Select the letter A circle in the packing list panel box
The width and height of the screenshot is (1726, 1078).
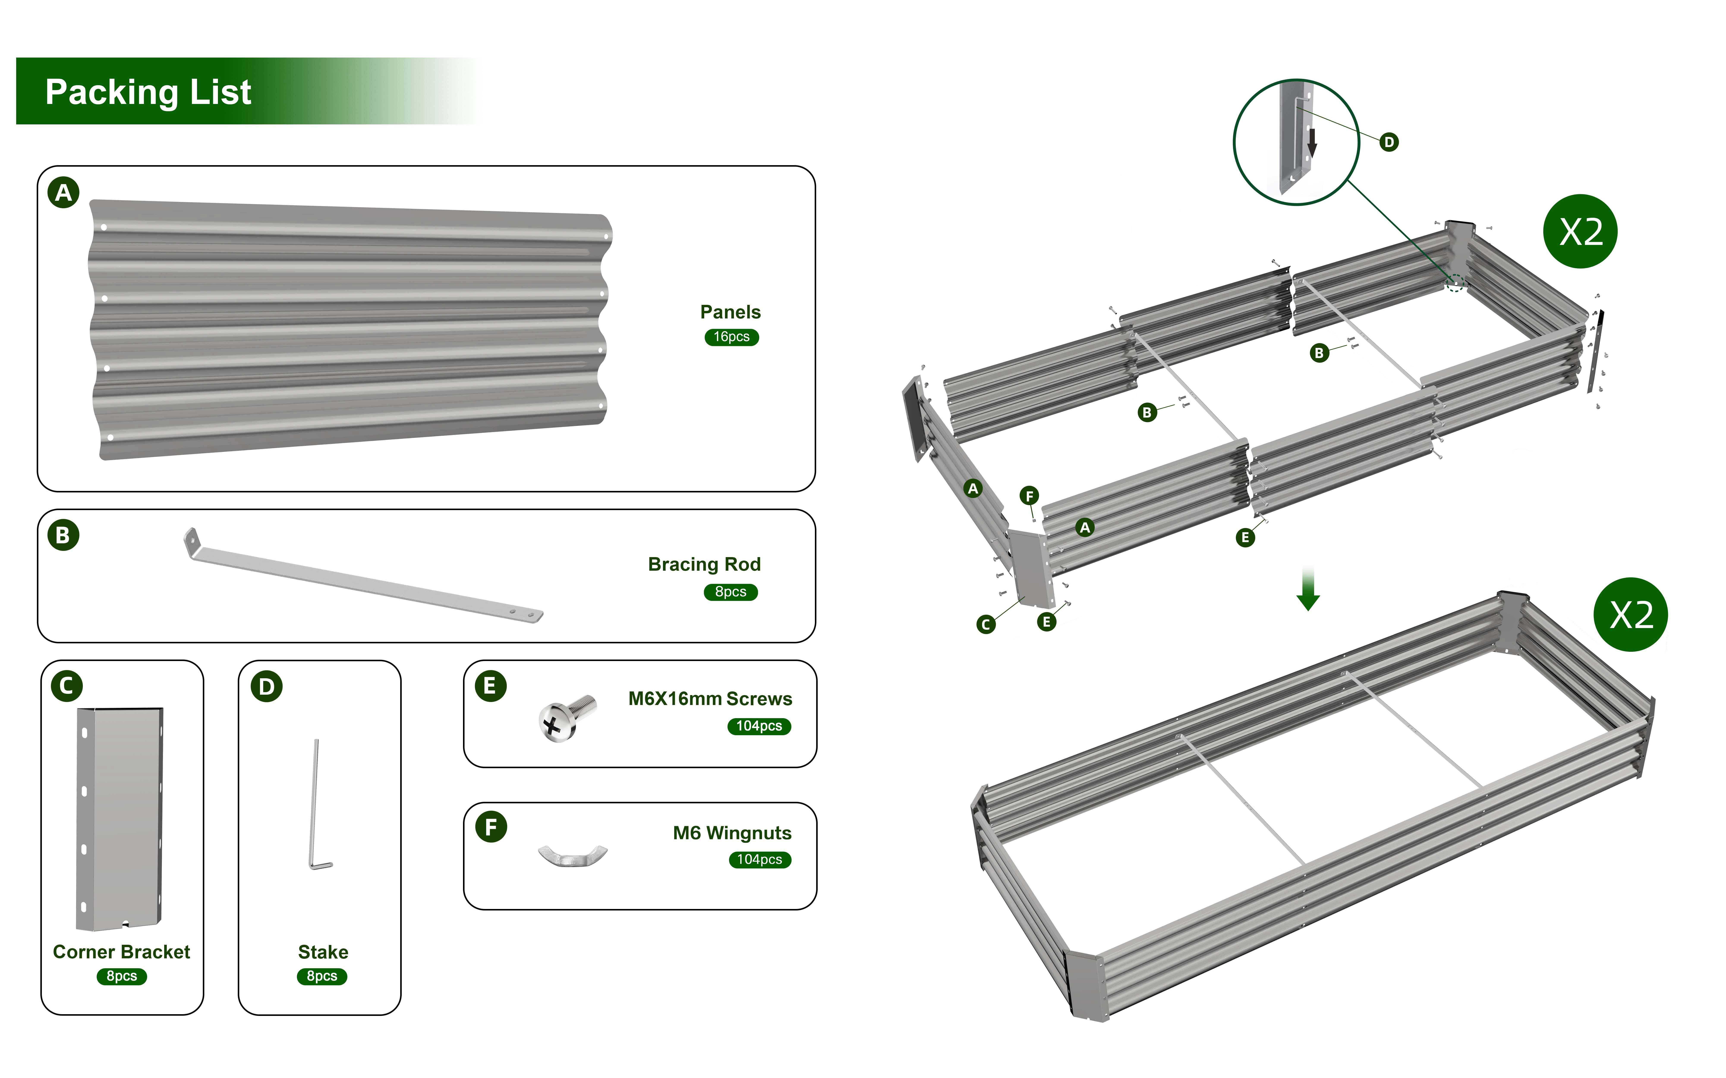[x=63, y=193]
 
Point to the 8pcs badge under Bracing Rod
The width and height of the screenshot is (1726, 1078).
[x=730, y=592]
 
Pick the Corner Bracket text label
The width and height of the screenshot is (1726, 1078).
[x=121, y=952]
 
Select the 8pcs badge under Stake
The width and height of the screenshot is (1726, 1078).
[x=322, y=976]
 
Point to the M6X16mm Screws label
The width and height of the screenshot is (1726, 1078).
[x=710, y=699]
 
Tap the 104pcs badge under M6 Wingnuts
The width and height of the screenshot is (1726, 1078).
[x=760, y=860]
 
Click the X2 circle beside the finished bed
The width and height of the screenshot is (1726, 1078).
[x=1630, y=615]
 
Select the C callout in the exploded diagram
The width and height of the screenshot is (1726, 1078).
[x=986, y=625]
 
